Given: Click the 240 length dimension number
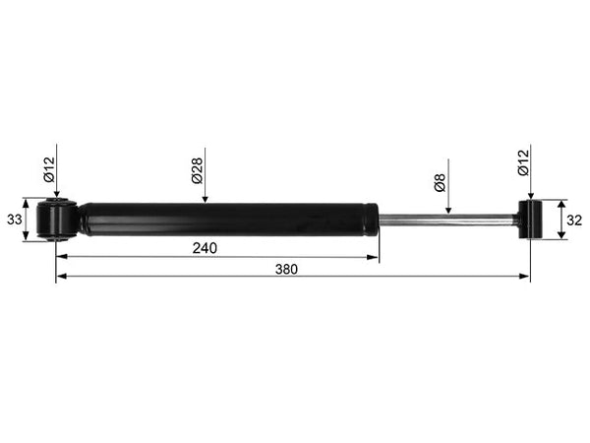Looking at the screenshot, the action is click(205, 248).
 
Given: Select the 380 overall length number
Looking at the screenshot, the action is click(286, 270).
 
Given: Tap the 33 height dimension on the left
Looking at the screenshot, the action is click(15, 220).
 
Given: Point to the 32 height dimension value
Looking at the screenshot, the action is click(574, 221).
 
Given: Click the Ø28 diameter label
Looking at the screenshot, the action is click(197, 170).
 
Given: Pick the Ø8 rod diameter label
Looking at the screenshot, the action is click(440, 182).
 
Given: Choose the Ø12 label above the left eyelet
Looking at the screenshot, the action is click(49, 169).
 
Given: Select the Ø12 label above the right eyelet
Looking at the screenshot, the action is click(523, 162).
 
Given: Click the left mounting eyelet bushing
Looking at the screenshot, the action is click(57, 220).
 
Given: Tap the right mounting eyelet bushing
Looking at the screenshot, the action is click(530, 220).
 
